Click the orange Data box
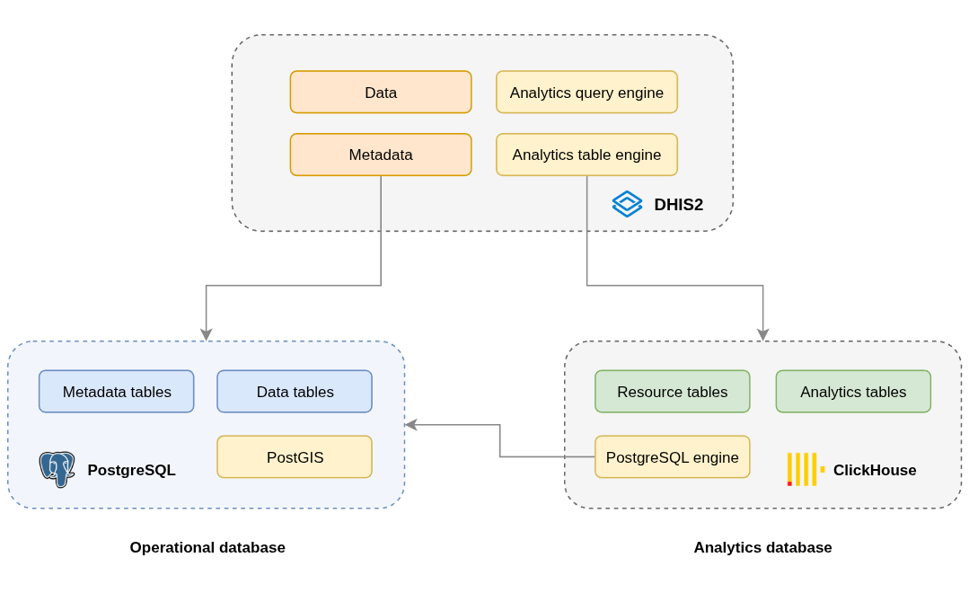pos(381,93)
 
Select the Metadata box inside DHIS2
pos(381,155)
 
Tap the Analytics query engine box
pos(586,93)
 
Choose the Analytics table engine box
pos(586,155)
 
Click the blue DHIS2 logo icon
pos(627,204)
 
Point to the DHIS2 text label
pos(678,205)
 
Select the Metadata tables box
pos(117,392)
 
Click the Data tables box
pos(295,392)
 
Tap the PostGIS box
pos(295,457)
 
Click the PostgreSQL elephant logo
pos(57,469)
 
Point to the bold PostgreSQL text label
pos(131,470)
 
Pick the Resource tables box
pos(672,392)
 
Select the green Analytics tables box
pos(853,392)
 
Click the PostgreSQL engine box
pos(672,457)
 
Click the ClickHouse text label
pos(875,470)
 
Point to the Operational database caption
pos(207,547)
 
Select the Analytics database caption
pos(762,547)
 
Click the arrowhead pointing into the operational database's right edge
pos(410,425)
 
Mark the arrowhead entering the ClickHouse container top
pos(762,335)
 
